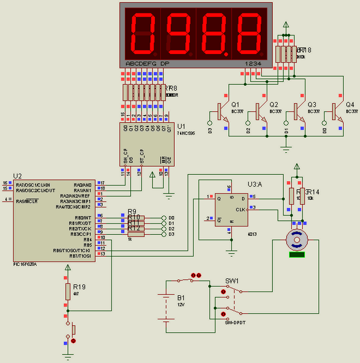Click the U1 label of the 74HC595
point(181,126)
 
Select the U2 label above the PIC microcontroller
point(17,176)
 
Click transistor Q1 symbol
point(221,110)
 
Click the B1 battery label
point(182,297)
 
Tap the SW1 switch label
point(232,281)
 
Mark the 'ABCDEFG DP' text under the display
point(147,63)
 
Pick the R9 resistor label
point(132,211)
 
